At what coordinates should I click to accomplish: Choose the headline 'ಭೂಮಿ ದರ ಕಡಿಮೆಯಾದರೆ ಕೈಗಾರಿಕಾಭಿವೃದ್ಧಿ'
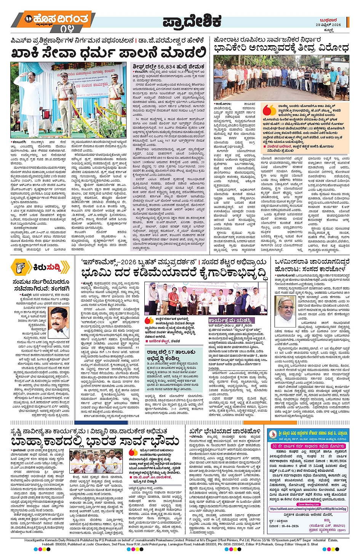[174, 273]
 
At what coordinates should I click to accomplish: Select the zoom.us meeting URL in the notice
[308, 509]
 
